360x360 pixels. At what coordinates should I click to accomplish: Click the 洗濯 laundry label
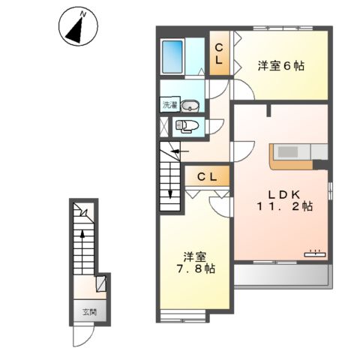click(169, 105)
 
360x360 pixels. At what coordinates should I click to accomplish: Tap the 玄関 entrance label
click(88, 312)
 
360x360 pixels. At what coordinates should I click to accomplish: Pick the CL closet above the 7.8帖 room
click(208, 177)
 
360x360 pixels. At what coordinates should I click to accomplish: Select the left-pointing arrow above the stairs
click(178, 151)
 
